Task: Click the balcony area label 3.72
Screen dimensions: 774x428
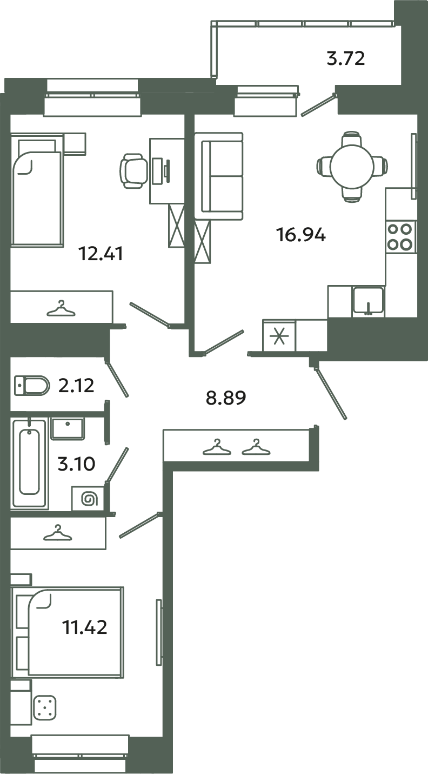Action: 346,58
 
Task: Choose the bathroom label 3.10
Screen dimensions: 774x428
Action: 76,464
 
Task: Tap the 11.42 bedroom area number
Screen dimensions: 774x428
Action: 84,627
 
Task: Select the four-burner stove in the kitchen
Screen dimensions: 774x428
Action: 400,236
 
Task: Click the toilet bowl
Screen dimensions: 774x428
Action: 31,386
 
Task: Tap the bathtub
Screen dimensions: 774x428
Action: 30,461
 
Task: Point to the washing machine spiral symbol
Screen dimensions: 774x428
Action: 87,498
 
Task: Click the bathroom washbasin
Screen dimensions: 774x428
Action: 67,428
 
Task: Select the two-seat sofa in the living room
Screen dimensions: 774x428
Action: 222,176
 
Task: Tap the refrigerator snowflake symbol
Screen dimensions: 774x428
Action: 279,335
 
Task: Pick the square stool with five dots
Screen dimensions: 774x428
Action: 45,708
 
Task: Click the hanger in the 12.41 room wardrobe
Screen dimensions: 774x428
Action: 61,309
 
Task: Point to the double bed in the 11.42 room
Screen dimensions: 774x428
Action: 75,632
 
